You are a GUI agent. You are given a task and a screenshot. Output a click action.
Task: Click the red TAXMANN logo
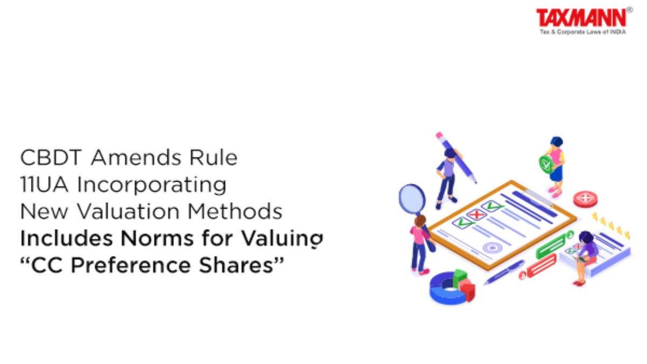[x=581, y=18]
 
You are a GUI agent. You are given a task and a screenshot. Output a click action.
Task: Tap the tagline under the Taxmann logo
[x=583, y=32]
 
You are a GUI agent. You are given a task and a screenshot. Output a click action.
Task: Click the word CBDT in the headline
[x=51, y=157]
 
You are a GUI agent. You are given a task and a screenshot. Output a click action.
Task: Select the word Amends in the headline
[x=136, y=157]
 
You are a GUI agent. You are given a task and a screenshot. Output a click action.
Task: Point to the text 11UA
[x=44, y=184]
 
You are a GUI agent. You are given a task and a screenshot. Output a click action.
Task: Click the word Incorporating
[x=152, y=186]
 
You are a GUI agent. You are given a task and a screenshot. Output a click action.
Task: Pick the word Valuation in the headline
[x=128, y=211]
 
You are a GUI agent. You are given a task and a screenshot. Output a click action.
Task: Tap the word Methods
[x=235, y=211]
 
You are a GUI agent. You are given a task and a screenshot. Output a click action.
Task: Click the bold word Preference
[x=130, y=265]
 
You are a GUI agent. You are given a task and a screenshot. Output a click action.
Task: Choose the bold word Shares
[x=236, y=265]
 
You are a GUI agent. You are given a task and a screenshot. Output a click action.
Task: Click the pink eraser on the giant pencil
[x=439, y=135]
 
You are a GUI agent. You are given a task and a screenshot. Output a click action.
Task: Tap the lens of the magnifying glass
[x=412, y=199]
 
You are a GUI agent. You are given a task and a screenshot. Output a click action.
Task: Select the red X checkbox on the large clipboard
[x=476, y=215]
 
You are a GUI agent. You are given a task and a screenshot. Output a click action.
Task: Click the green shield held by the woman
[x=546, y=164]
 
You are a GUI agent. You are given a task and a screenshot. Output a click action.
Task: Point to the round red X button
[x=585, y=199]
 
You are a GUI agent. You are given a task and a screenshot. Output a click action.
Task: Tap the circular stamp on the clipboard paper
[x=492, y=248]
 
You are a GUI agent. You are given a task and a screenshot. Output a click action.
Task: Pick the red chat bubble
[x=541, y=266]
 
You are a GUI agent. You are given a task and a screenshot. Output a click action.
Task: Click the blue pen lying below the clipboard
[x=505, y=272]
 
